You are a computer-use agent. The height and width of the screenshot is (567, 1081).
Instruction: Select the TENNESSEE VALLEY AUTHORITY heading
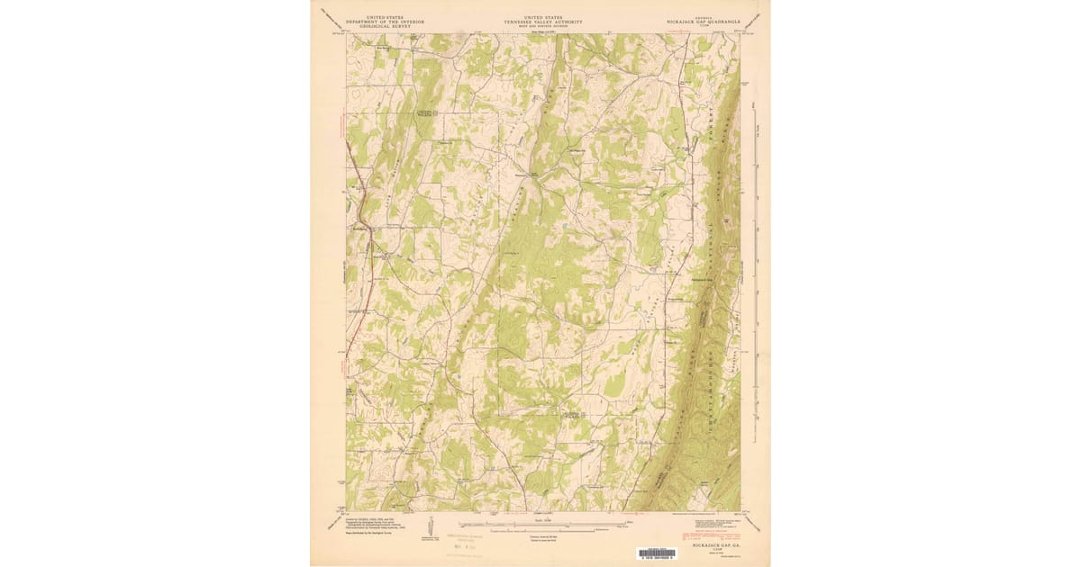click(x=543, y=22)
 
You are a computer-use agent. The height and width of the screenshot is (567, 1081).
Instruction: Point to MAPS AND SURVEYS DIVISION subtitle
click(x=543, y=26)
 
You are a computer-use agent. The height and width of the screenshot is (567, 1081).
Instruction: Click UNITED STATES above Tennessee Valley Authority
click(x=543, y=16)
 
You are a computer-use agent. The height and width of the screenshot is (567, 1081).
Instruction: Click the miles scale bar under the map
click(x=543, y=521)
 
